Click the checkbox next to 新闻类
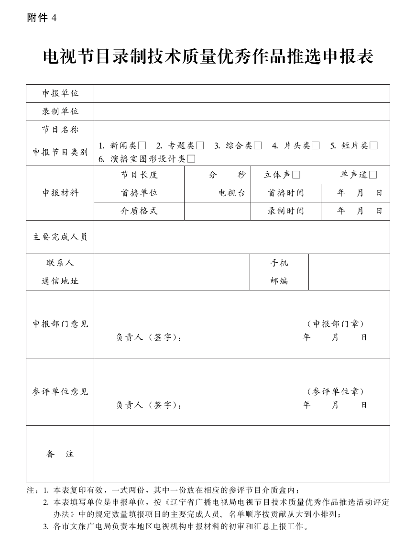pos(142,146)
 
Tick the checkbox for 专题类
pos(200,146)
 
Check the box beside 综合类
pos(258,146)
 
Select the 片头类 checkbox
pos(316,146)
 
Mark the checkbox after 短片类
pos(373,146)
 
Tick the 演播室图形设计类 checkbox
pos(191,159)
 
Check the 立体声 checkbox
pos(296,175)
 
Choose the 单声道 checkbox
pos(373,175)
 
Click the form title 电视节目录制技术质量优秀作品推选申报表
pos(208,57)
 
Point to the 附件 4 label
pos(42,18)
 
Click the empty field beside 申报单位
pos(241,93)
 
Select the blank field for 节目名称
pos(241,130)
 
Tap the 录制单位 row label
pos(60,111)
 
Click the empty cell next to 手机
pos(349,263)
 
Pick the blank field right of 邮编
pos(349,281)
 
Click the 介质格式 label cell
pos(139,211)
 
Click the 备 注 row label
pos(60,454)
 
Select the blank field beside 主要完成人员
pos(241,237)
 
